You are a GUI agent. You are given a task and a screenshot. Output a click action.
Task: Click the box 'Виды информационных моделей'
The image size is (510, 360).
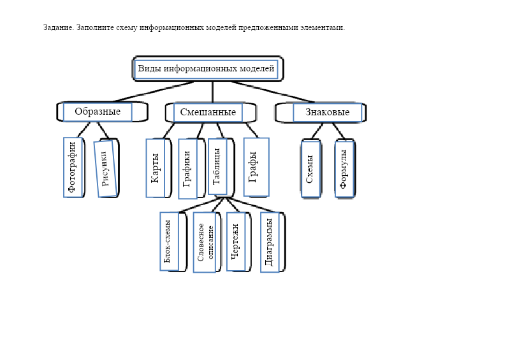coord(207,69)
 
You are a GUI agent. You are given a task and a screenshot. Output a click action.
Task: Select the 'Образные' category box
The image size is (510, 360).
coord(98,112)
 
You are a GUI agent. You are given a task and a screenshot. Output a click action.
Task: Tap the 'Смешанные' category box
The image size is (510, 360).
coord(208,113)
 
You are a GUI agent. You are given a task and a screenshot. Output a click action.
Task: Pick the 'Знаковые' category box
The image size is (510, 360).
coord(327,113)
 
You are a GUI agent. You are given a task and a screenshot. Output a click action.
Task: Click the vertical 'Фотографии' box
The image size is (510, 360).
coord(73,168)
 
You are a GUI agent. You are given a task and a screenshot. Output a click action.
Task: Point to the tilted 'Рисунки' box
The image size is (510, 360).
coord(105,168)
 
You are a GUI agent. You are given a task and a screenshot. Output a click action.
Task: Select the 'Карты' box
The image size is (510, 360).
coord(156,168)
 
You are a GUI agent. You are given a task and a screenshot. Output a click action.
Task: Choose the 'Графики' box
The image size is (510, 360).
coord(187,169)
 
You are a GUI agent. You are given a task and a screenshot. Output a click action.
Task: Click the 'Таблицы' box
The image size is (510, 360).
coord(217,167)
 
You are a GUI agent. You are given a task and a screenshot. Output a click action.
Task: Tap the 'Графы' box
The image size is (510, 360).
coord(256,167)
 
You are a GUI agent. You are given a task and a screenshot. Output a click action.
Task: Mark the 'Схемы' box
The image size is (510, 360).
coord(310,169)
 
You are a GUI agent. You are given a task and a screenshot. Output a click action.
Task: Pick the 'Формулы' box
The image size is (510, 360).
coord(344,169)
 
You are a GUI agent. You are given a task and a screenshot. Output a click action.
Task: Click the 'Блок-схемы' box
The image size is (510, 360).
coord(169,241)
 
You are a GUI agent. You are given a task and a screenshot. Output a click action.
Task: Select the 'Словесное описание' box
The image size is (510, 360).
coord(204,242)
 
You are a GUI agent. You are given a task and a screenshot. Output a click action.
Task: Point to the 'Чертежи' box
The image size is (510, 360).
coord(235,241)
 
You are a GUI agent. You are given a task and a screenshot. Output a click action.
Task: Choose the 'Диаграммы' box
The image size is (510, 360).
coord(270,242)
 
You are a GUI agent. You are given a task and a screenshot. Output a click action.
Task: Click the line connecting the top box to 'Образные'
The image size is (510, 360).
coord(153,91)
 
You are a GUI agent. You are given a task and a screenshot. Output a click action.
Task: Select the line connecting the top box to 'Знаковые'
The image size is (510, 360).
coord(273,91)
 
